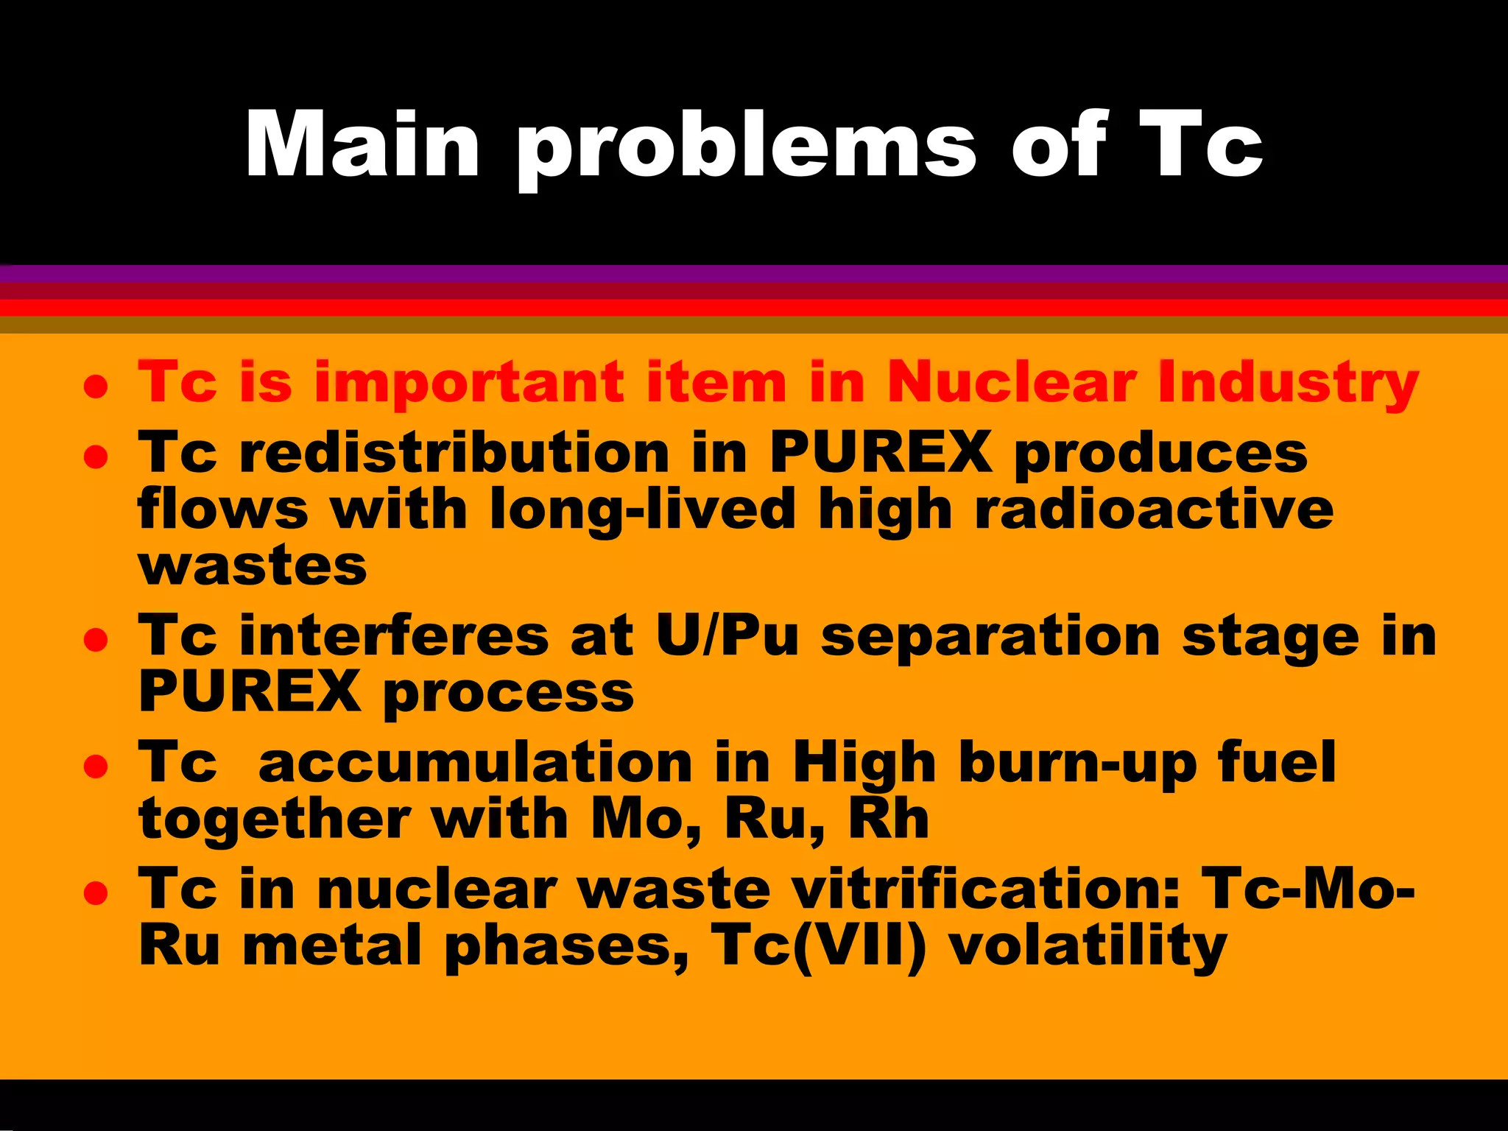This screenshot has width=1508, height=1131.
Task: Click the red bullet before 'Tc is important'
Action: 96,386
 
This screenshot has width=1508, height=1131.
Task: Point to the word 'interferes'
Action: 394,635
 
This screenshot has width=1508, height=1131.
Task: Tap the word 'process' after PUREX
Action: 509,693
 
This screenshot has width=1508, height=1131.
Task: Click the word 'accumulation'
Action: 476,762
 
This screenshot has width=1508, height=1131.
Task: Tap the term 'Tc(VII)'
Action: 818,946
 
